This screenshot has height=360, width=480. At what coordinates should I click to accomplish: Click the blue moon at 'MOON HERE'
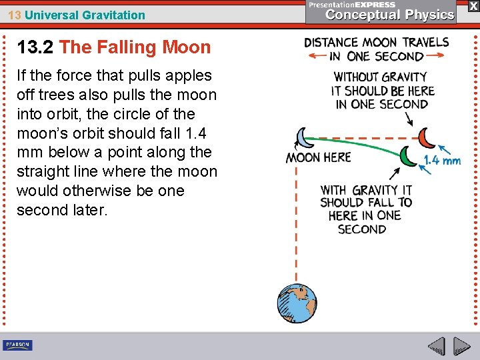click(x=303, y=137)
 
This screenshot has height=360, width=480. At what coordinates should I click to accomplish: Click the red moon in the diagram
click(x=426, y=138)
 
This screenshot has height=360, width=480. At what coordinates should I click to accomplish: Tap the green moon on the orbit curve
click(x=408, y=156)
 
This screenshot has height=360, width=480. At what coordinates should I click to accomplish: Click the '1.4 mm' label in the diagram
click(x=442, y=161)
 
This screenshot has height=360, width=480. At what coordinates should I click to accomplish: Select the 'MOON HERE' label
click(x=318, y=158)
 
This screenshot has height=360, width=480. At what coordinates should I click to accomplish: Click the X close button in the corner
click(x=473, y=6)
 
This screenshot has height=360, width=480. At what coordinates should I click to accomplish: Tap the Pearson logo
click(x=17, y=345)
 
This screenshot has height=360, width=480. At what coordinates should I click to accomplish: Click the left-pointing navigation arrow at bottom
click(x=436, y=346)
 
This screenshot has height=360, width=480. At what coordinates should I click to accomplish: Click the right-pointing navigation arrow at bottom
click(x=462, y=346)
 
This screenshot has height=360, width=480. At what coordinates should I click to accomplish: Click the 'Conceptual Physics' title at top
click(x=390, y=14)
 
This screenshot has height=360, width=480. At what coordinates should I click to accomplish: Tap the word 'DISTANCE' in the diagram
click(x=331, y=43)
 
